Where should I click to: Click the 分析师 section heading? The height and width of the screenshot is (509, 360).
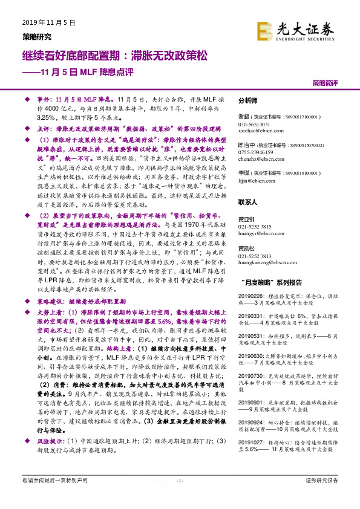coord(248,101)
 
